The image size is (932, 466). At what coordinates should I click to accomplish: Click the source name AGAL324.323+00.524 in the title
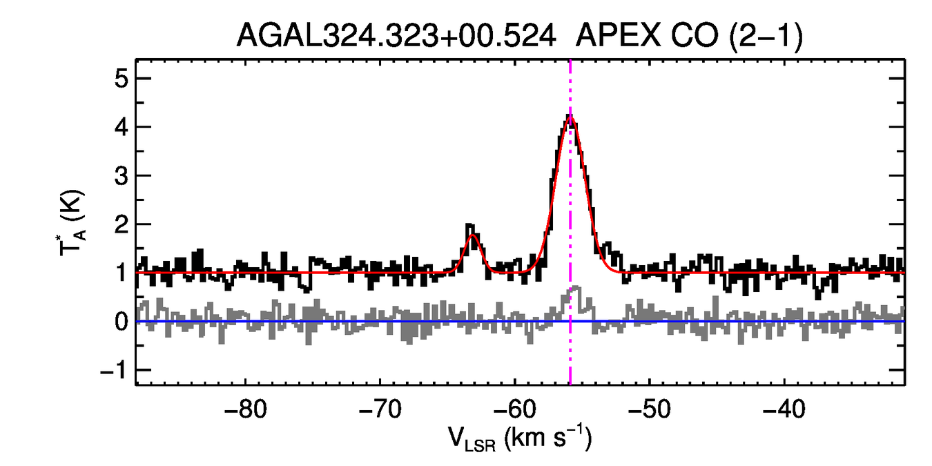point(397,36)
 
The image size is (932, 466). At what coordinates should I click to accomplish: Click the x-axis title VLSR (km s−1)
point(519,439)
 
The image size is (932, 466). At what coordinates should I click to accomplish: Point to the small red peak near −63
point(473,235)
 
